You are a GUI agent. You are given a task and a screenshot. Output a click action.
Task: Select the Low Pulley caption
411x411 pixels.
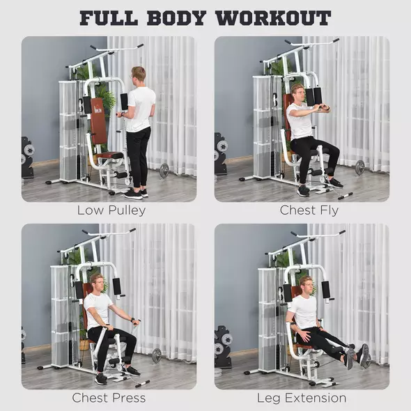pos(111,210)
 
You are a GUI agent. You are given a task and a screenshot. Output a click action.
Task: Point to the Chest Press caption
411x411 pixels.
pos(109,398)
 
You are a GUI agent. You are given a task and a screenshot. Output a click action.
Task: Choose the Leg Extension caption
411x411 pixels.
pos(302,398)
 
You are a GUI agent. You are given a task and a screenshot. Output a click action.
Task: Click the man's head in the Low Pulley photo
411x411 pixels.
pos(139,75)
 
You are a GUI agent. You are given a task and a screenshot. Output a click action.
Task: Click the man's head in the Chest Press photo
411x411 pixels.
pos(98,282)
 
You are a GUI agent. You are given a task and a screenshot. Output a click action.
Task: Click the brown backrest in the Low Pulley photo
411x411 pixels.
pos(99,125)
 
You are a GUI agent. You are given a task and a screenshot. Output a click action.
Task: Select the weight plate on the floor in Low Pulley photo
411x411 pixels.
pos(164,170)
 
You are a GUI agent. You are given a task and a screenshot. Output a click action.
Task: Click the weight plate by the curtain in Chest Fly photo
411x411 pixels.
pos(359,167)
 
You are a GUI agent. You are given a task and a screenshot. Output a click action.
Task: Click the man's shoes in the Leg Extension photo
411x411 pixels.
pos(357,356)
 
